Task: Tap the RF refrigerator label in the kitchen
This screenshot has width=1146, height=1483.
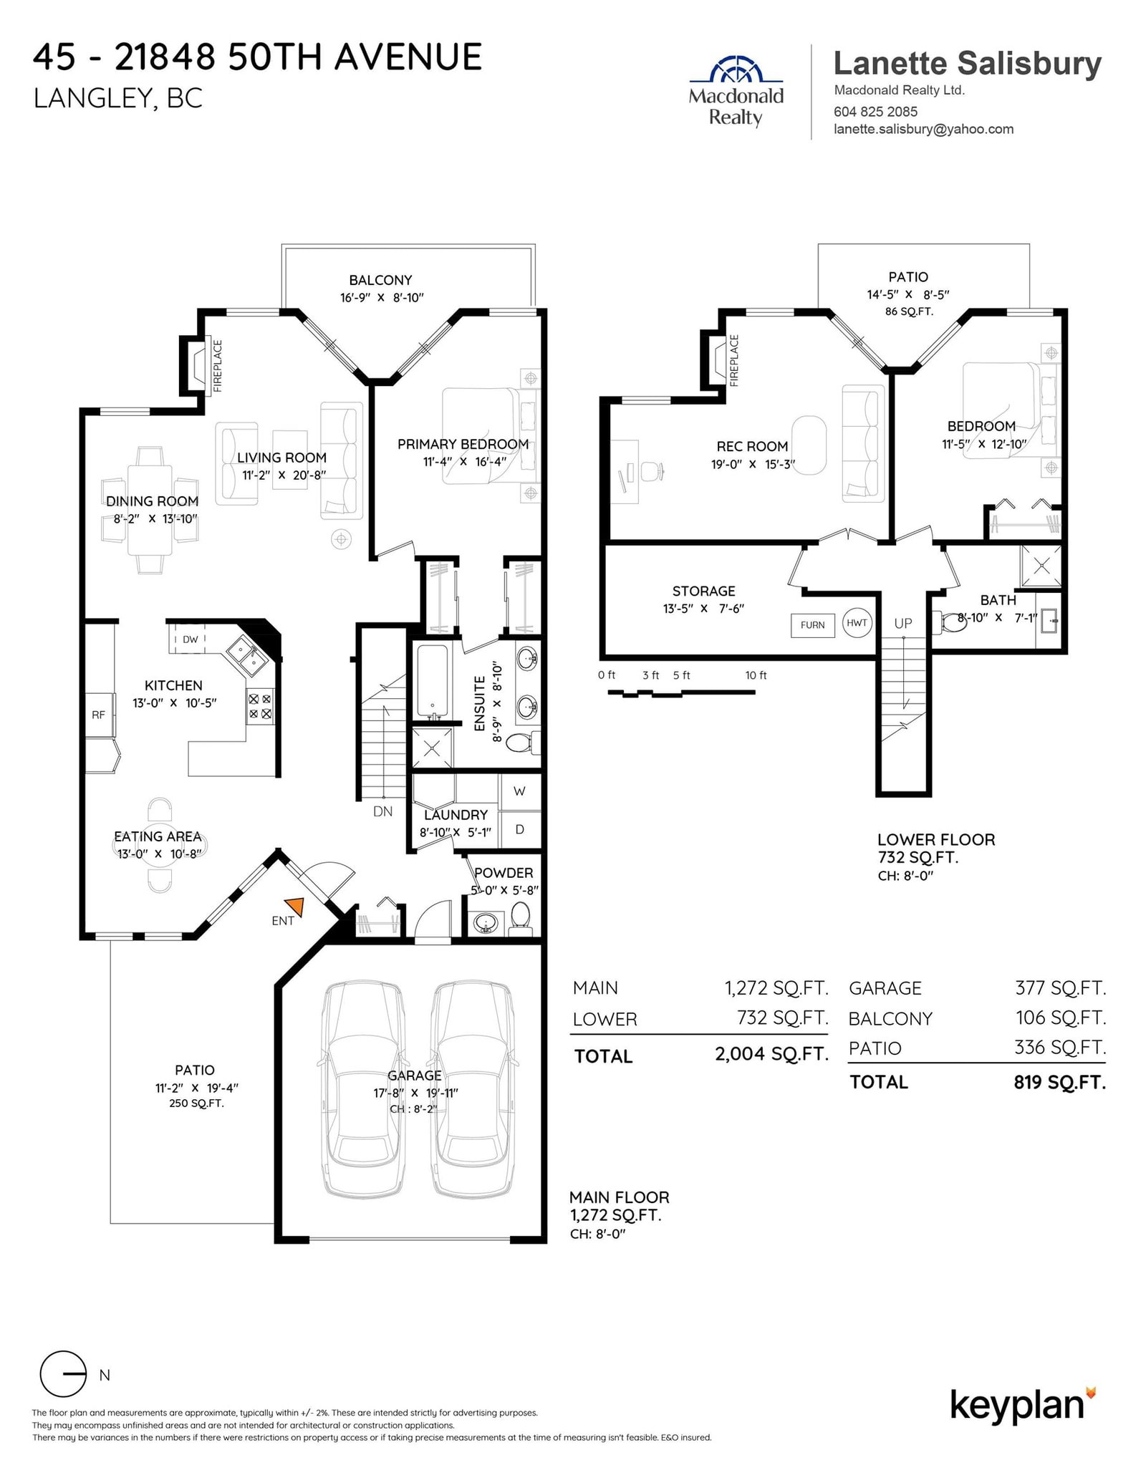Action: coord(98,715)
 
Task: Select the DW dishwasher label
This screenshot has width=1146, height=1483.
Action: coord(190,639)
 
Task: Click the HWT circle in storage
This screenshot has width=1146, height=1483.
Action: coord(857,623)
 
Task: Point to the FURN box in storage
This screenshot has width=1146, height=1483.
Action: coord(812,625)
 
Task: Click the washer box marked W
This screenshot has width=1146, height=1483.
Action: coord(520,791)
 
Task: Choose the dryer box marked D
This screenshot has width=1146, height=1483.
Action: coord(520,829)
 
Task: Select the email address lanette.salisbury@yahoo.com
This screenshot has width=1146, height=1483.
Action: coord(923,130)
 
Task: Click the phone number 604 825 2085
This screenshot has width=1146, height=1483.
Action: coord(875,112)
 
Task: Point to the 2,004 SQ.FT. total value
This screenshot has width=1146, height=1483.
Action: coord(771,1053)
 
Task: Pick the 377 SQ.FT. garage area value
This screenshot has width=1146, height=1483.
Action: coord(1061,988)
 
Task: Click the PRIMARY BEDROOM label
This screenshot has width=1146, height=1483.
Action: coord(463,445)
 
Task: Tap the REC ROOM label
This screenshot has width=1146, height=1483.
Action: coord(752,447)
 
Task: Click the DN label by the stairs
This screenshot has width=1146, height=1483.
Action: coord(383,811)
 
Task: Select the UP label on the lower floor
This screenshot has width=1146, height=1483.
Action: coord(903,623)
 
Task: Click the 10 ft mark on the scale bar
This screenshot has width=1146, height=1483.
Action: coord(756,675)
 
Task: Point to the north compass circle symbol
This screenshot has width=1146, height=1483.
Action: coord(63,1374)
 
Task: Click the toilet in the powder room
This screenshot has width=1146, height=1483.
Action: coord(521,917)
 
